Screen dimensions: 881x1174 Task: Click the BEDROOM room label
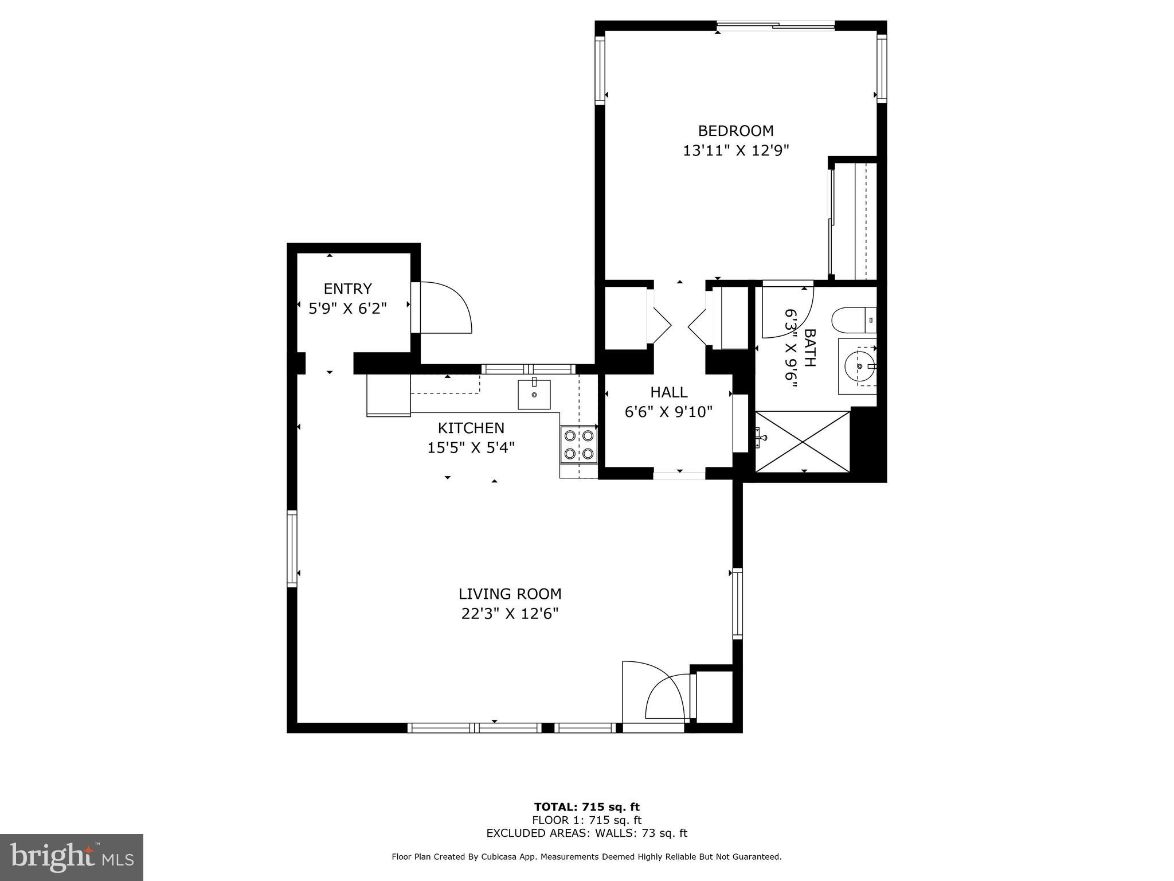pyautogui.click(x=735, y=131)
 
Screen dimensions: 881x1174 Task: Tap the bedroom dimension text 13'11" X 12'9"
pyautogui.click(x=735, y=151)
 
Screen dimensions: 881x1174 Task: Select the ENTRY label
pyautogui.click(x=347, y=289)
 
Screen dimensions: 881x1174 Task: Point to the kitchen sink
pyautogui.click(x=534, y=394)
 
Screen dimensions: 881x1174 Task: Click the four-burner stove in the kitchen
pyautogui.click(x=578, y=445)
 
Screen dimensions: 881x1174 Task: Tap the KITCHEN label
pyautogui.click(x=471, y=428)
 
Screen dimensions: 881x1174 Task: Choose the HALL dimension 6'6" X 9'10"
pyautogui.click(x=668, y=412)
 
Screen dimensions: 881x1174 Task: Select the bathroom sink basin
pyautogui.click(x=859, y=366)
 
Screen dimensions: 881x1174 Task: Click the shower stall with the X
pyautogui.click(x=803, y=441)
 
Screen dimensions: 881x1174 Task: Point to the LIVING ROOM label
pyautogui.click(x=510, y=594)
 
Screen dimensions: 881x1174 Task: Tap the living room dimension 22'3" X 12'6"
pyautogui.click(x=510, y=614)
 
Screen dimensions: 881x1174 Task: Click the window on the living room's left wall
pyautogui.click(x=292, y=548)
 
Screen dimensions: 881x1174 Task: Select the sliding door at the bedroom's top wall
pyautogui.click(x=776, y=25)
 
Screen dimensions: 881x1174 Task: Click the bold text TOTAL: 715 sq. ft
pyautogui.click(x=586, y=808)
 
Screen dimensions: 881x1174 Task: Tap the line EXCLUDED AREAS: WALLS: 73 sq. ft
pyautogui.click(x=586, y=833)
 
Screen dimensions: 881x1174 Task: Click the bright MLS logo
pyautogui.click(x=72, y=857)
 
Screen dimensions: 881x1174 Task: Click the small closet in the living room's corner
pyautogui.click(x=714, y=697)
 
